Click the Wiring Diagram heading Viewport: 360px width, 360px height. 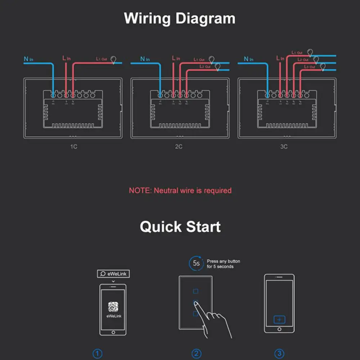(180, 18)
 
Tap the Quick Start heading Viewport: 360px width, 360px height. (180, 227)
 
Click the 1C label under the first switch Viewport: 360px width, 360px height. (73, 147)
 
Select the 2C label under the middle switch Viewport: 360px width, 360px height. (179, 147)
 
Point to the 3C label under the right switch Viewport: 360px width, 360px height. (284, 147)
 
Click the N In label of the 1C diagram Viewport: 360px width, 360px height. (28, 59)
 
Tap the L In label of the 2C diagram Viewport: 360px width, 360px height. (176, 58)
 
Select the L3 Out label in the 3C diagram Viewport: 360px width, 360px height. (309, 67)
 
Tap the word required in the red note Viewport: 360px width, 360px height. (217, 190)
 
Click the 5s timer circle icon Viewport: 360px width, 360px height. (196, 264)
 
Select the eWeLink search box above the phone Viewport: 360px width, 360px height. (113, 274)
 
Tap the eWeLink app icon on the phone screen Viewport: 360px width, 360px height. (113, 307)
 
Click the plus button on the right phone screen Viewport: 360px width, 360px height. (279, 319)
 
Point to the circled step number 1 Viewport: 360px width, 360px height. (98, 354)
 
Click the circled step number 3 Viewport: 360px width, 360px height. (279, 354)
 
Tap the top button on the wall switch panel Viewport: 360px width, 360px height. (195, 291)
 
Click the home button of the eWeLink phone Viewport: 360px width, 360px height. (113, 332)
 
